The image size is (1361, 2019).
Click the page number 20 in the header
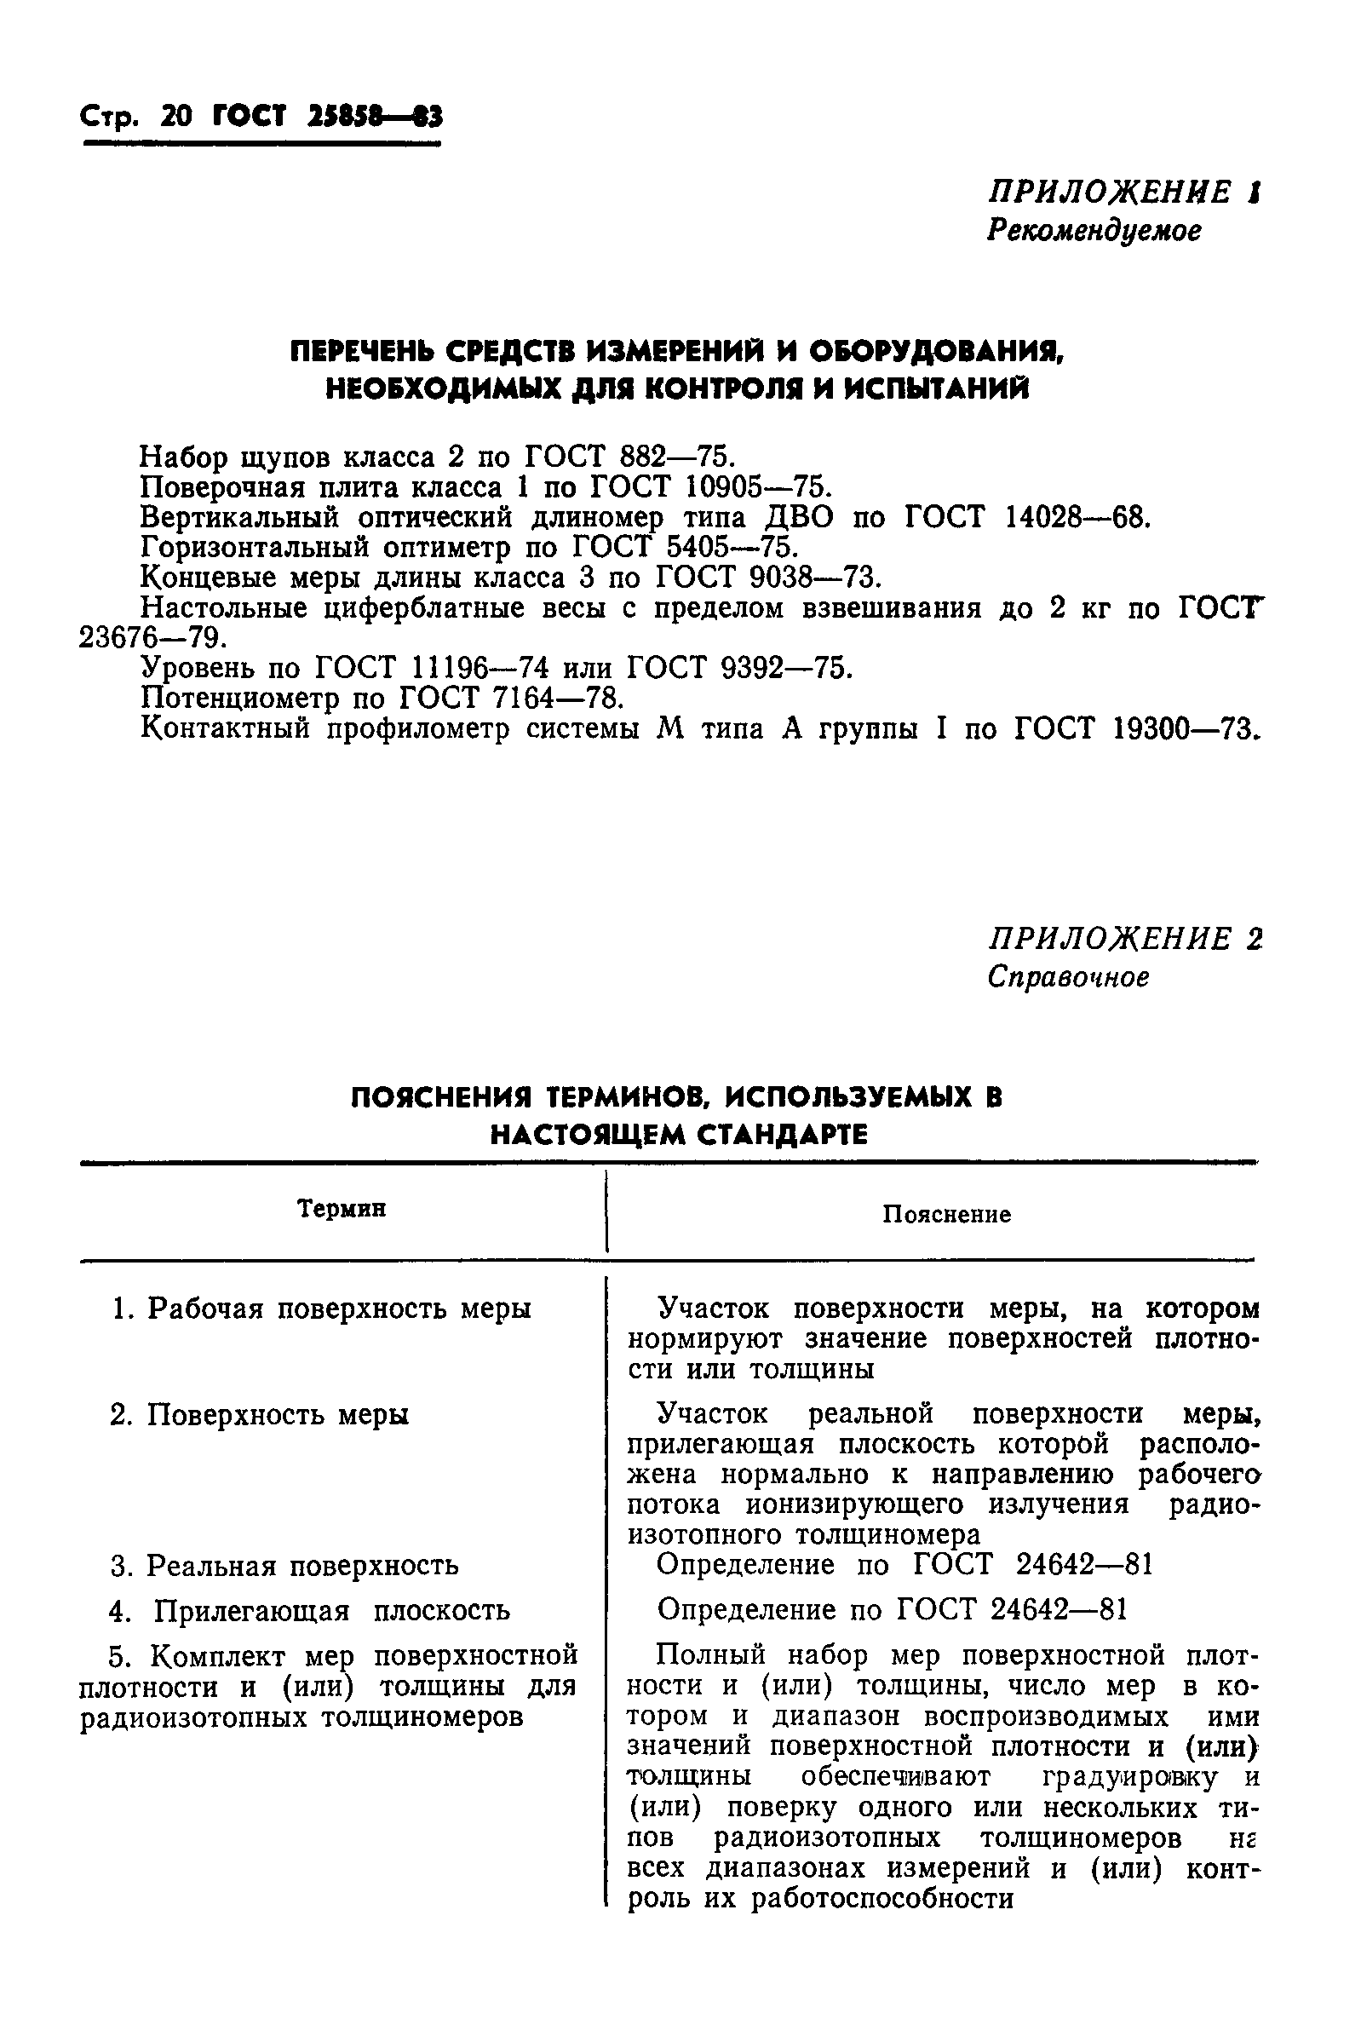click(x=176, y=117)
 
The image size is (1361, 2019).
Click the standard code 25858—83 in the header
click(x=374, y=117)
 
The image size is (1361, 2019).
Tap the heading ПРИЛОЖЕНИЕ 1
click(x=1124, y=192)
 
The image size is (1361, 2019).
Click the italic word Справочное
click(x=1068, y=977)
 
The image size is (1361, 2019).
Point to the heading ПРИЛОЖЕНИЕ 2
click(x=1124, y=938)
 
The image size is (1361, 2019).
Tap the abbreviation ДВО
click(x=799, y=517)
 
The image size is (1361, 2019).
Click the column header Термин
click(x=342, y=1208)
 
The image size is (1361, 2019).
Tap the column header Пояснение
click(x=946, y=1213)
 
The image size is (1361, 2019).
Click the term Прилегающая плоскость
click(x=330, y=1611)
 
